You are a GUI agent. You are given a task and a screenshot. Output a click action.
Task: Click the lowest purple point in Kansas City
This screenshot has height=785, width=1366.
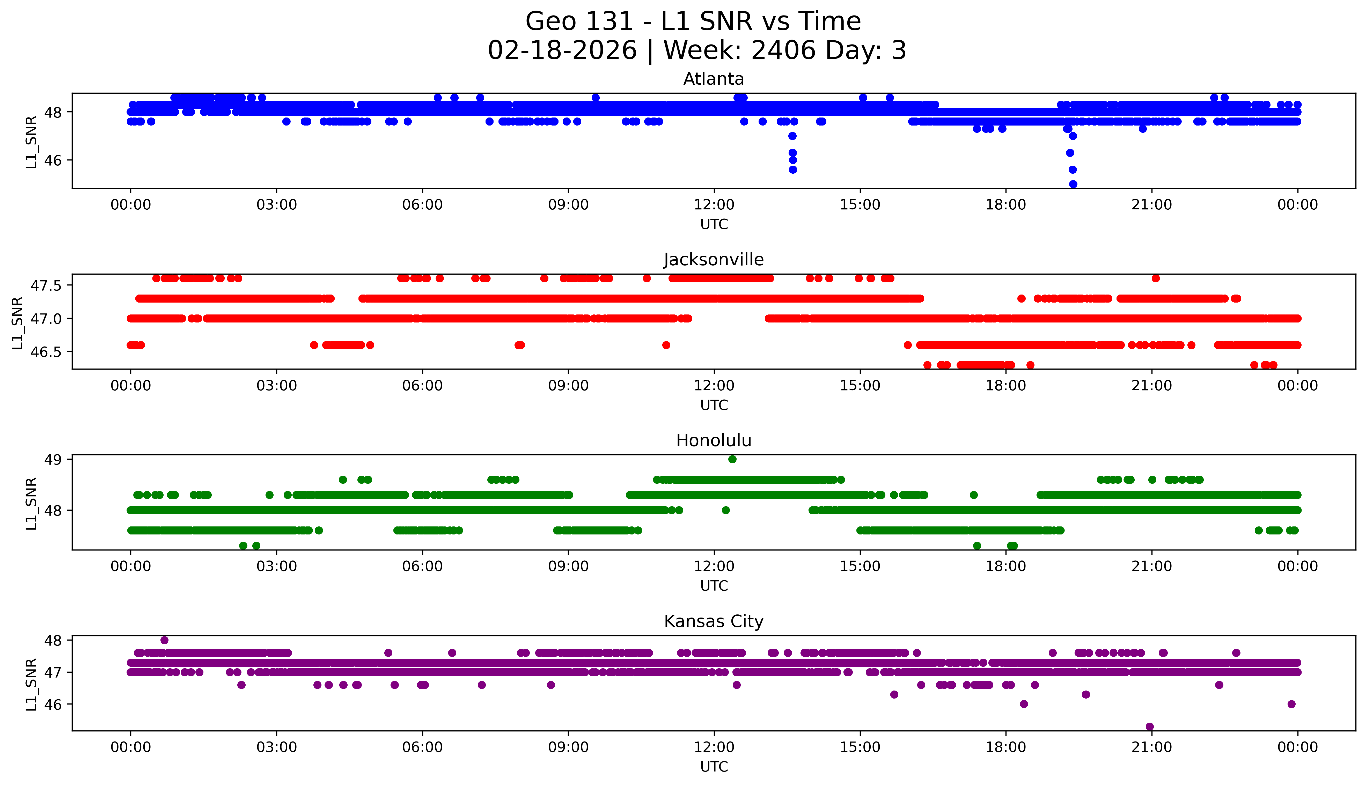click(x=1149, y=727)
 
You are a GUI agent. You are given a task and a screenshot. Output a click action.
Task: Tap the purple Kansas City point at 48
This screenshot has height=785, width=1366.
click(x=164, y=640)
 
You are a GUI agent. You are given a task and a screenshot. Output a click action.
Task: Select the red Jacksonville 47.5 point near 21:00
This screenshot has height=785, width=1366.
click(x=1155, y=278)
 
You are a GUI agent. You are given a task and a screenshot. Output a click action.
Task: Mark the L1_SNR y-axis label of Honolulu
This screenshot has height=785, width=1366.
click(x=31, y=504)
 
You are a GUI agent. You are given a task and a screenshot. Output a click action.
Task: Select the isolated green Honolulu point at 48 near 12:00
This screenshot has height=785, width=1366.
click(x=726, y=510)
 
